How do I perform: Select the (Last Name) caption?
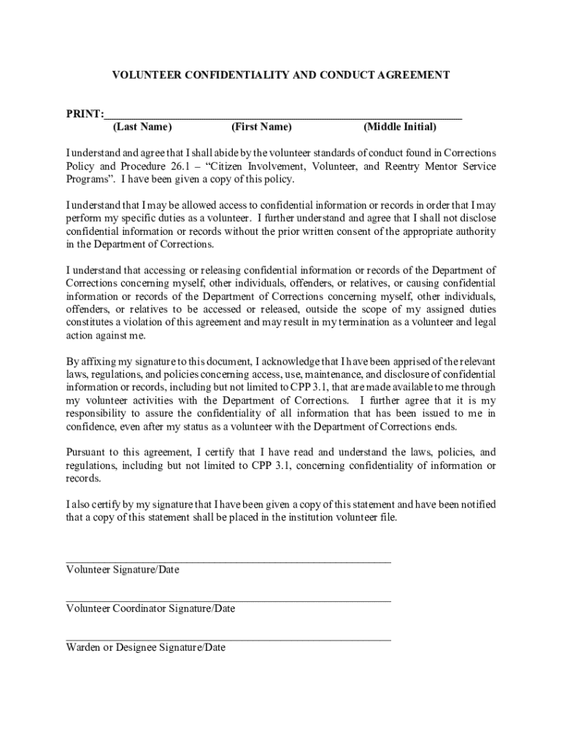142,128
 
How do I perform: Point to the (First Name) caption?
261,128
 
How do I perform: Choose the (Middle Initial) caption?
400,128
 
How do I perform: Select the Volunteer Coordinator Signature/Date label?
151,608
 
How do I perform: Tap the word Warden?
82,648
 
